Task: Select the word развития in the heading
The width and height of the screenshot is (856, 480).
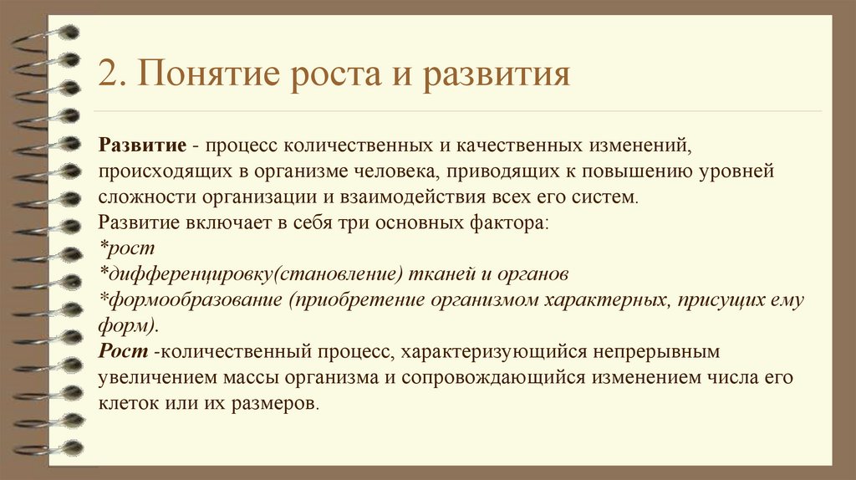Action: point(496,74)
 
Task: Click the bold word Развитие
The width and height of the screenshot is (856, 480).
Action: point(142,146)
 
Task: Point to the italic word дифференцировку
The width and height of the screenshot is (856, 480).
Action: point(190,274)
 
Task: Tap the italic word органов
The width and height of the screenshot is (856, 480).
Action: point(532,274)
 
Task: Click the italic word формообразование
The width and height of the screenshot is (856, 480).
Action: point(196,300)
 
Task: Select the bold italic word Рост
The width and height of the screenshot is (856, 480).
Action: point(124,351)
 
